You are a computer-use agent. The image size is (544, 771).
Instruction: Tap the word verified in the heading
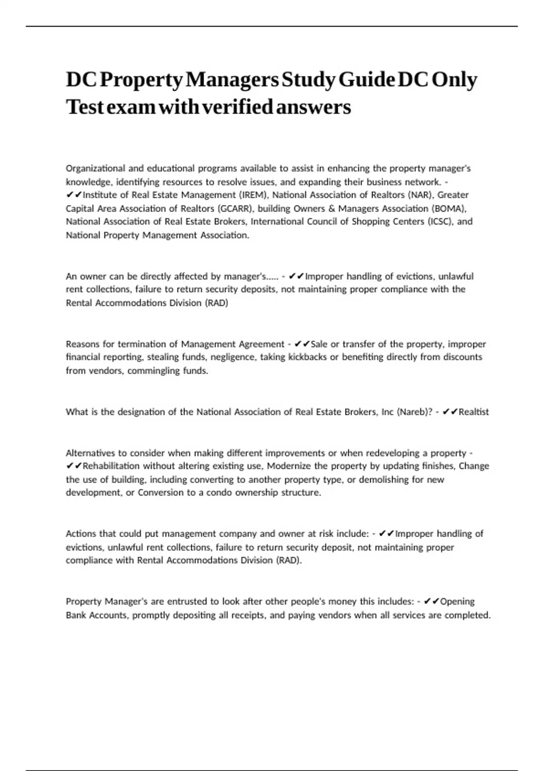[x=237, y=107]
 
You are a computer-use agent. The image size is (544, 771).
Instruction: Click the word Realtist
[x=474, y=412]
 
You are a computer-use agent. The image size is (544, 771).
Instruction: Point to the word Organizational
[x=95, y=168]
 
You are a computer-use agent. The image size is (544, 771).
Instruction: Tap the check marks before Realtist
[x=450, y=412]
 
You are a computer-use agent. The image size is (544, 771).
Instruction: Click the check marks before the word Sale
[x=302, y=344]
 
